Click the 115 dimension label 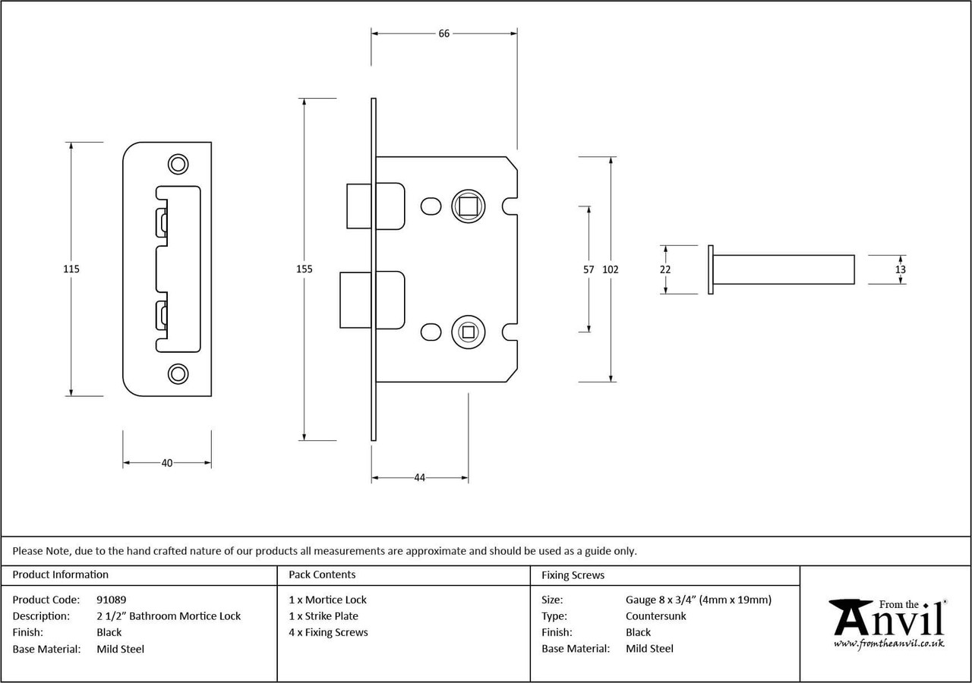pyautogui.click(x=71, y=269)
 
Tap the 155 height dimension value pyautogui.click(x=305, y=269)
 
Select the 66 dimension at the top pyautogui.click(x=444, y=33)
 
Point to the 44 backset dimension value pyautogui.click(x=420, y=477)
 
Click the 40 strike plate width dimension pyautogui.click(x=167, y=463)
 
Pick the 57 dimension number pyautogui.click(x=589, y=269)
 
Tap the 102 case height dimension pyautogui.click(x=611, y=269)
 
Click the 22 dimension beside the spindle pyautogui.click(x=665, y=269)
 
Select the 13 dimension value pyautogui.click(x=901, y=269)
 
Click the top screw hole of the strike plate pyautogui.click(x=178, y=165)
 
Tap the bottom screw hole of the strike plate pyautogui.click(x=178, y=374)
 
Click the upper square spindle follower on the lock pyautogui.click(x=469, y=206)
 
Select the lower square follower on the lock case pyautogui.click(x=469, y=332)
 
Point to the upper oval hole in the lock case pyautogui.click(x=431, y=206)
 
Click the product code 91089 pyautogui.click(x=112, y=600)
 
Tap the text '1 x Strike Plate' pyautogui.click(x=323, y=615)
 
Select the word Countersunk pyautogui.click(x=655, y=615)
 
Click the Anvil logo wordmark pyautogui.click(x=888, y=618)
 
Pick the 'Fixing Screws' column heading pyautogui.click(x=573, y=575)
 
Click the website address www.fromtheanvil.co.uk pyautogui.click(x=888, y=644)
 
